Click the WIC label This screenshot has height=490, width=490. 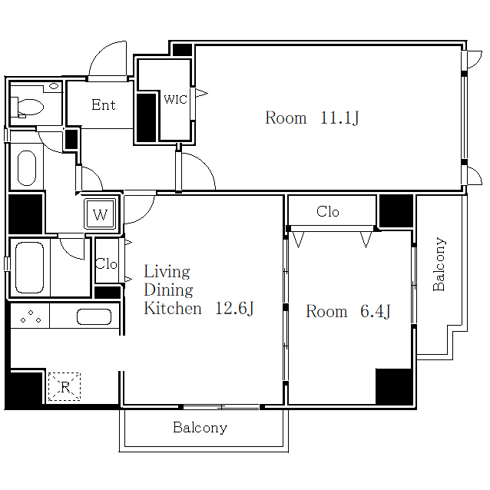pyautogui.click(x=175, y=99)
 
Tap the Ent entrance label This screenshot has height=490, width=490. pyautogui.click(x=104, y=104)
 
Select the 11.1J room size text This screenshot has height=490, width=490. pyautogui.click(x=339, y=118)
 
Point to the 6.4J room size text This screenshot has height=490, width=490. pyautogui.click(x=375, y=311)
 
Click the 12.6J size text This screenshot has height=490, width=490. pyautogui.click(x=234, y=308)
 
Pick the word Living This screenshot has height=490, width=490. pyautogui.click(x=167, y=272)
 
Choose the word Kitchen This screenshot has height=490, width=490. pyautogui.click(x=173, y=309)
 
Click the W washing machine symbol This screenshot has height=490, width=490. pyautogui.click(x=101, y=215)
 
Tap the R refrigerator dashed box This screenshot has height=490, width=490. pyautogui.click(x=65, y=386)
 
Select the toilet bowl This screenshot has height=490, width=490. pyautogui.click(x=30, y=107)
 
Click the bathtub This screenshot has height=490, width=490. pyautogui.click(x=29, y=267)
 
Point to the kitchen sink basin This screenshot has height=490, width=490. pyautogui.click(x=94, y=317)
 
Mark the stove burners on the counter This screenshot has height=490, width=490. pyautogui.click(x=31, y=316)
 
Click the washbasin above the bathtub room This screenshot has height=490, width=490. pyautogui.click(x=27, y=168)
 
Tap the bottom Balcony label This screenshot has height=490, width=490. pyautogui.click(x=200, y=428)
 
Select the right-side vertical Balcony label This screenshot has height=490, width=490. pyautogui.click(x=439, y=264)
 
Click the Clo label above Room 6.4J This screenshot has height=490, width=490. pyautogui.click(x=327, y=211)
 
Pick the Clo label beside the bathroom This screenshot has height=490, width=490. pyautogui.click(x=106, y=264)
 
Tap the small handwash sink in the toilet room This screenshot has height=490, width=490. pyautogui.click(x=54, y=86)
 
